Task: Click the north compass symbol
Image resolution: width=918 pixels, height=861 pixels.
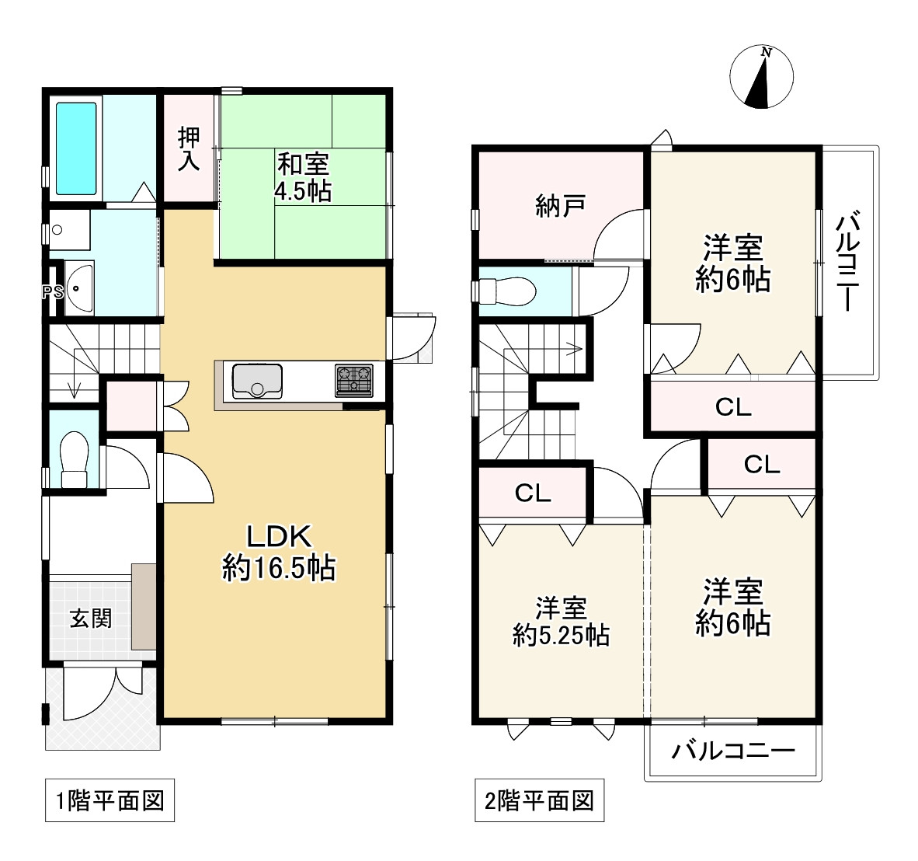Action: [761, 77]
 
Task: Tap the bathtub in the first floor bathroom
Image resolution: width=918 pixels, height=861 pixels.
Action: [76, 148]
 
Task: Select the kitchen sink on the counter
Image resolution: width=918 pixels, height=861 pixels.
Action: [257, 381]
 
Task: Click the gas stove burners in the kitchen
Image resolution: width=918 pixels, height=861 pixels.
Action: [353, 380]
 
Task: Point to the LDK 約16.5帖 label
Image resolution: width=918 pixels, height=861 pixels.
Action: [279, 553]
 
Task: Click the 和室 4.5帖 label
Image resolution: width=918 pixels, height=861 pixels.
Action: [303, 177]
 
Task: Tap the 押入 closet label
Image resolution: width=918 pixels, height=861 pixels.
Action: [189, 148]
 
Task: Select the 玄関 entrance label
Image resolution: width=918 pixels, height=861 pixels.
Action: [91, 619]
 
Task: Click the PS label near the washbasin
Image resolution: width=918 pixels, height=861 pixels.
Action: [52, 292]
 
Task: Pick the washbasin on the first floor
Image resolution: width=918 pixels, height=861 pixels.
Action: [78, 288]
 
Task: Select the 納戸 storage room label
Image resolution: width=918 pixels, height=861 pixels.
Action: [560, 206]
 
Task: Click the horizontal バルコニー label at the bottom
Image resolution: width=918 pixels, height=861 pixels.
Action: [732, 751]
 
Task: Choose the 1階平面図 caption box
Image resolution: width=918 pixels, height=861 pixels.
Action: [110, 800]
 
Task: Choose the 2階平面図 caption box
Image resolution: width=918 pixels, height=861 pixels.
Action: [539, 800]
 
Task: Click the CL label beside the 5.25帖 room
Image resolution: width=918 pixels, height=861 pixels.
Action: [533, 493]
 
